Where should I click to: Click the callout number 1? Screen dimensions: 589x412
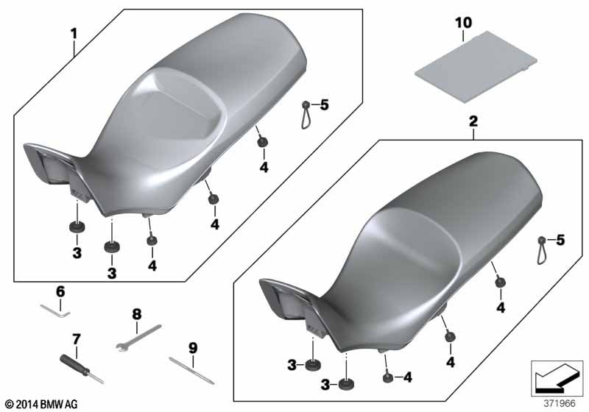pyautogui.click(x=74, y=34)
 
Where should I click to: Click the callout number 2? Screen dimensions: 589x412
pyautogui.click(x=473, y=121)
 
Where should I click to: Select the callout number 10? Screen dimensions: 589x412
pyautogui.click(x=464, y=23)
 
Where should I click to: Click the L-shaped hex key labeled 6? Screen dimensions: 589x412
pyautogui.click(x=56, y=311)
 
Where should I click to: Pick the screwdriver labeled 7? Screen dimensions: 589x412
pyautogui.click(x=82, y=370)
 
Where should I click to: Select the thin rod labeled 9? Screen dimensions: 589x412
pyautogui.click(x=191, y=371)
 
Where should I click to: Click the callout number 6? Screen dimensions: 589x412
pyautogui.click(x=60, y=291)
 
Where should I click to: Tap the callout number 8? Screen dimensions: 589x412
pyautogui.click(x=136, y=314)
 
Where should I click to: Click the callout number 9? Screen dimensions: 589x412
pyautogui.click(x=193, y=348)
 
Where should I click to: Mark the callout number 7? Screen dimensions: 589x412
pyautogui.click(x=77, y=340)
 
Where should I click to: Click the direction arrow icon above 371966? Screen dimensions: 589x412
pyautogui.click(x=557, y=378)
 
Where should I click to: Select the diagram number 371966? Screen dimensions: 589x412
pyautogui.click(x=560, y=403)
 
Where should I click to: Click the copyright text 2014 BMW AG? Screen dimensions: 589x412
pyautogui.click(x=42, y=404)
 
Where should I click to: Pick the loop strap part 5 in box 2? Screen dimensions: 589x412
pyautogui.click(x=541, y=251)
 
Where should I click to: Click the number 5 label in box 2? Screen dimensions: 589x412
pyautogui.click(x=560, y=240)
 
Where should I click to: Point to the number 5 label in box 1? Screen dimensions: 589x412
pyautogui.click(x=324, y=105)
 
